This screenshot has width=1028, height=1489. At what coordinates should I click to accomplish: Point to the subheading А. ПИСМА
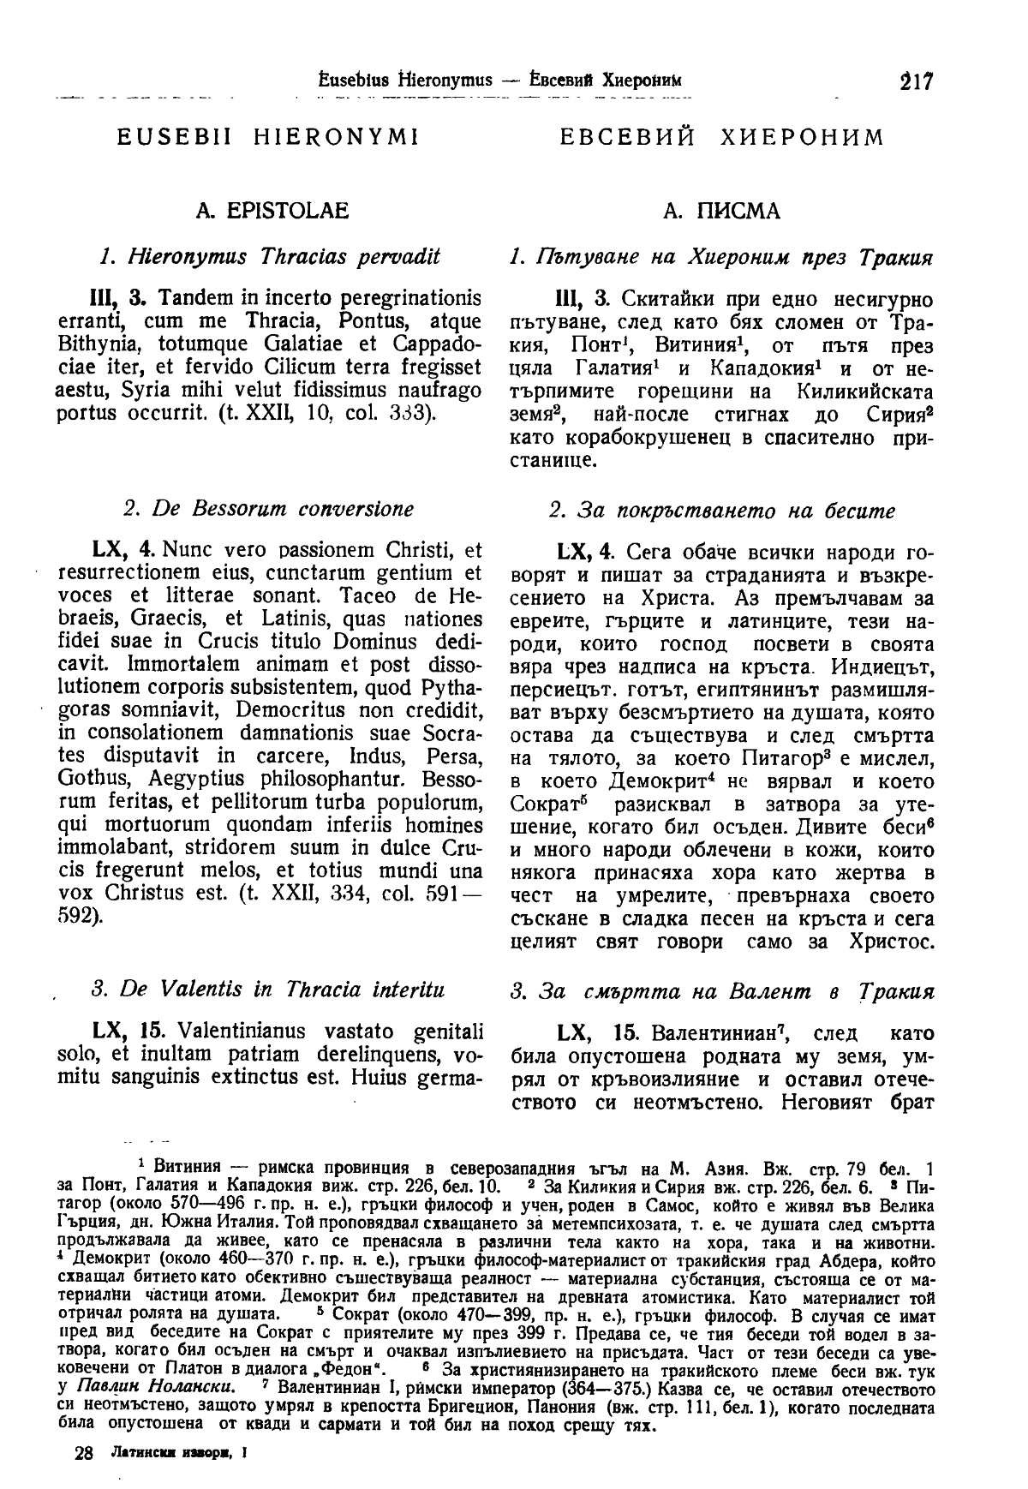721,211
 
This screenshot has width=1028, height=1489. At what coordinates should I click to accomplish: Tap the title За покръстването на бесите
721,511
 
